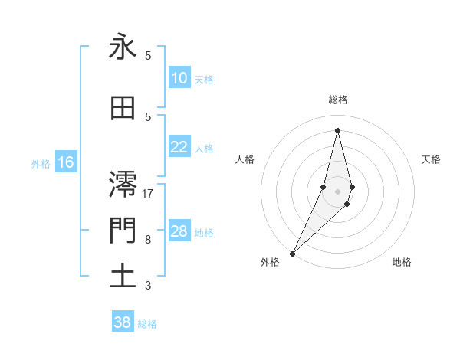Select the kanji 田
point(123,109)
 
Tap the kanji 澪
point(123,184)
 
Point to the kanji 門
point(123,230)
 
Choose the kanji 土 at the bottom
point(123,276)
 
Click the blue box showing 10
point(179,78)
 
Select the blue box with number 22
point(179,148)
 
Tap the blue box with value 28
point(179,232)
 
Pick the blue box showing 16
point(66,162)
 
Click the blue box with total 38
point(123,322)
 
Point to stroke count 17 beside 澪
point(148,193)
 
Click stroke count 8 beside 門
point(148,239)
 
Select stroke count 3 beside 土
point(148,286)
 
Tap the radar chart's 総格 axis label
point(337,100)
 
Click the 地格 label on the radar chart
point(402,262)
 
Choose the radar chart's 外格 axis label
point(270,262)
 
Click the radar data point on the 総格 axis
point(337,129)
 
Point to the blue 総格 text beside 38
point(147,324)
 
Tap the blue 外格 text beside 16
point(41,163)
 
